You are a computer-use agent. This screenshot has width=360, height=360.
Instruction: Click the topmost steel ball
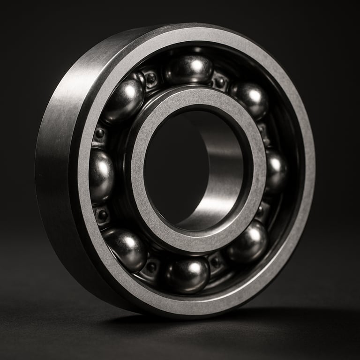pyautogui.click(x=189, y=69)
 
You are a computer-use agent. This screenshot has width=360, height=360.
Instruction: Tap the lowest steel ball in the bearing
pyautogui.click(x=187, y=275)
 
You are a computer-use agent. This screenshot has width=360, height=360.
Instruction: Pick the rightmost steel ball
pyautogui.click(x=276, y=169)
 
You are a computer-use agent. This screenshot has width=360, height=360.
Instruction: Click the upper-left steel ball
pyautogui.click(x=124, y=99)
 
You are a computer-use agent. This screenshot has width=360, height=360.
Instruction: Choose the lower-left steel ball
pyautogui.click(x=126, y=248)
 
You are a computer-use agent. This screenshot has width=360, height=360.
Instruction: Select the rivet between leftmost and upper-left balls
pyautogui.click(x=99, y=134)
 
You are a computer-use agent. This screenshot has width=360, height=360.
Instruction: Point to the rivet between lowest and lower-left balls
pyautogui.click(x=151, y=268)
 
